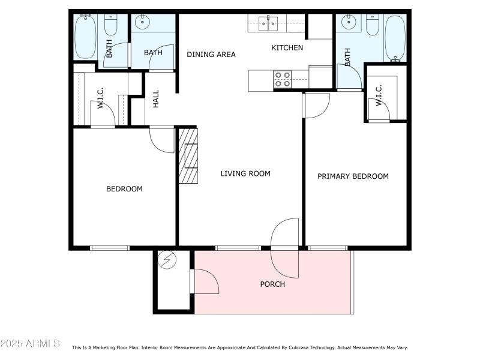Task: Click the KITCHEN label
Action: (287, 48)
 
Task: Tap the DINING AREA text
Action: (211, 55)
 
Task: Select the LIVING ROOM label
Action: (245, 174)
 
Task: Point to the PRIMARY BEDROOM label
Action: (353, 176)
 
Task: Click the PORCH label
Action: (272, 284)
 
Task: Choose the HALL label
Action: (156, 99)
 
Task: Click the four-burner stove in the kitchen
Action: (283, 79)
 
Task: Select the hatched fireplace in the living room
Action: (187, 155)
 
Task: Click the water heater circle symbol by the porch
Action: (166, 259)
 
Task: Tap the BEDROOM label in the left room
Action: (124, 189)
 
